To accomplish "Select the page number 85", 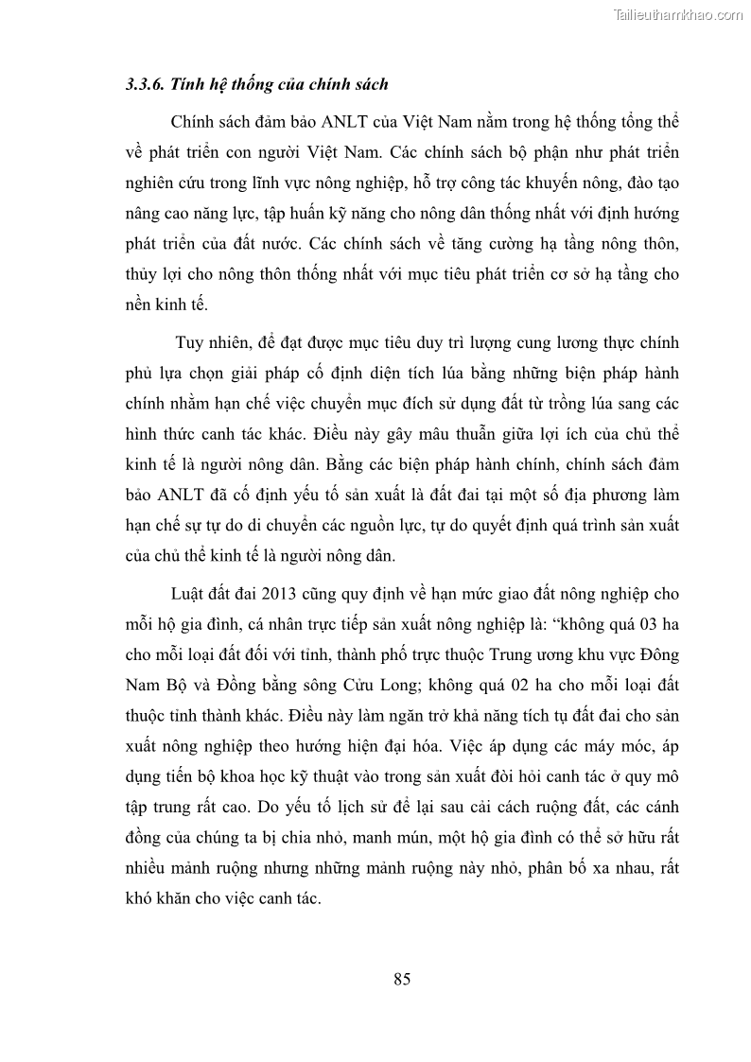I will [x=402, y=979].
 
